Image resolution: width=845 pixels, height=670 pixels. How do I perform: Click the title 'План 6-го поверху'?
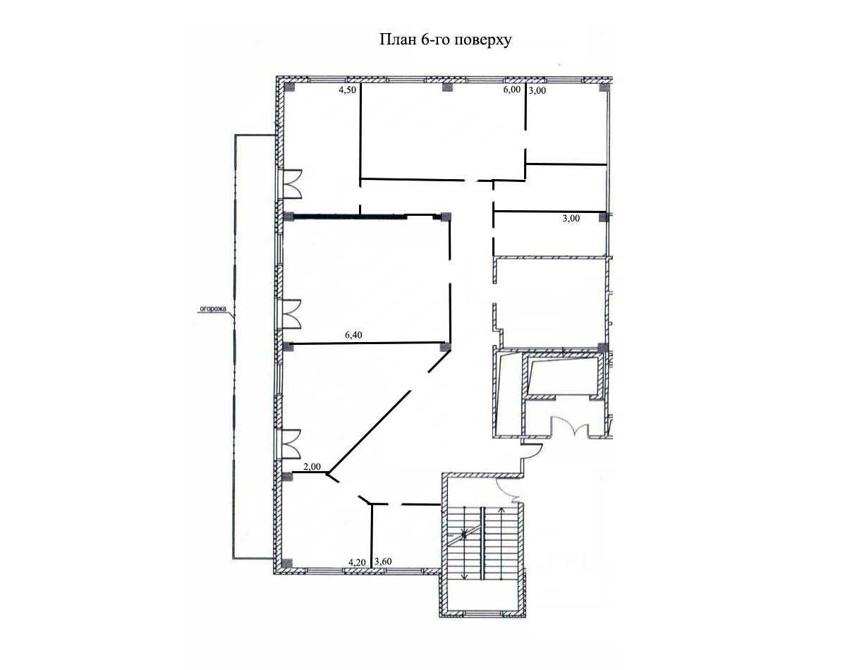pyautogui.click(x=445, y=40)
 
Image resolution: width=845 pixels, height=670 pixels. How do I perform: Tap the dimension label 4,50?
pyautogui.click(x=347, y=90)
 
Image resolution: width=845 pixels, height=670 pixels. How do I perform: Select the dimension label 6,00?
pyautogui.click(x=512, y=90)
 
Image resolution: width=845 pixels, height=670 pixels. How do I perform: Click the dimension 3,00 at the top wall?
pyautogui.click(x=537, y=90)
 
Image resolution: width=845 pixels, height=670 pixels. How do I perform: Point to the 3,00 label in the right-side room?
pyautogui.click(x=571, y=219)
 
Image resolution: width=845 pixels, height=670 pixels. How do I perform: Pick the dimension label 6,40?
pyautogui.click(x=353, y=335)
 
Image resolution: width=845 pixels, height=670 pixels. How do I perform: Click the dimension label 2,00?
pyautogui.click(x=312, y=467)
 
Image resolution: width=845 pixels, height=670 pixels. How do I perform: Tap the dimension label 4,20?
pyautogui.click(x=358, y=562)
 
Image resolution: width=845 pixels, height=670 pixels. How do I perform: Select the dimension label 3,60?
pyautogui.click(x=383, y=561)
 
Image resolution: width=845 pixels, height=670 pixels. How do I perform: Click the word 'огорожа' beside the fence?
pyautogui.click(x=213, y=310)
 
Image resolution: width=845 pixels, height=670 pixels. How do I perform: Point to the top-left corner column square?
pyautogui.click(x=289, y=87)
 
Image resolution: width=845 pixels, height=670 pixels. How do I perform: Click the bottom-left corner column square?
pyautogui.click(x=287, y=564)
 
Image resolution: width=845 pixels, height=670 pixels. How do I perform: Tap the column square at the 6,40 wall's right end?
pyautogui.click(x=445, y=347)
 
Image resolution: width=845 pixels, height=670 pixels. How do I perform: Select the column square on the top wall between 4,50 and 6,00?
pyautogui.click(x=446, y=87)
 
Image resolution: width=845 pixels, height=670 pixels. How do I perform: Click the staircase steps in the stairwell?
pyautogui.click(x=483, y=543)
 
